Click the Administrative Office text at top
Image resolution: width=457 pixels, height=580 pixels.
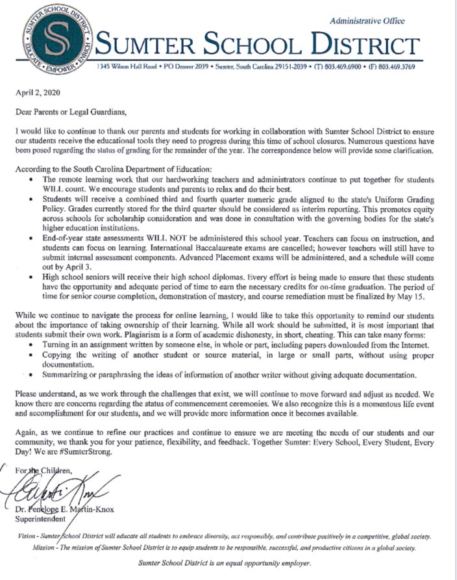click(x=367, y=21)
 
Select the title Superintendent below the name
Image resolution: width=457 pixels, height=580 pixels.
click(x=40, y=519)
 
